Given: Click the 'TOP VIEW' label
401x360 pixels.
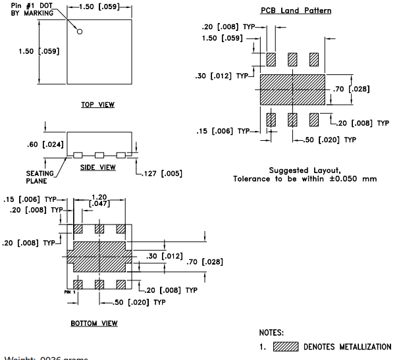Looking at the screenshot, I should pyautogui.click(x=98, y=104).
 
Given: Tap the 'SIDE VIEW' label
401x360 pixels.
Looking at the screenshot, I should pyautogui.click(x=98, y=167).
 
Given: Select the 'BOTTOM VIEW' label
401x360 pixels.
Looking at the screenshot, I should pyautogui.click(x=94, y=323).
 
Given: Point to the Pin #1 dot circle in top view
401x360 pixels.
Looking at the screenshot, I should pyautogui.click(x=80, y=31).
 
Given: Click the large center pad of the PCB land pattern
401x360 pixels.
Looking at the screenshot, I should pyautogui.click(x=293, y=89).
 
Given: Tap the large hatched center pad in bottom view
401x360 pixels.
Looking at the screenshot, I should pyautogui.click(x=99, y=255).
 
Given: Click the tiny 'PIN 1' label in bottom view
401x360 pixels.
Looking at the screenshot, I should pyautogui.click(x=70, y=291).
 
